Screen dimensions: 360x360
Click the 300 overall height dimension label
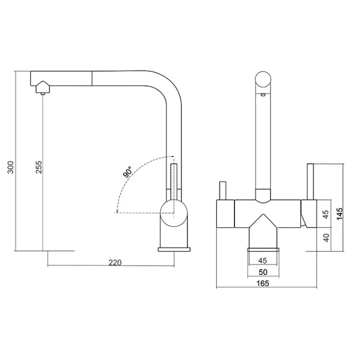11,167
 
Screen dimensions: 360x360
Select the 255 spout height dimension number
39,167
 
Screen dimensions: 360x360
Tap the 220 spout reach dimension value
115,262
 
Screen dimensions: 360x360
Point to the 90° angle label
127,172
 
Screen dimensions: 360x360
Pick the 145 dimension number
339,214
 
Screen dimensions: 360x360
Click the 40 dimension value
326,237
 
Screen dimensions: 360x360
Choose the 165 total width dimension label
262,283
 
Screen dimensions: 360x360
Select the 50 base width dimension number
263,272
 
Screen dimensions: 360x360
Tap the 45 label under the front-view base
262,260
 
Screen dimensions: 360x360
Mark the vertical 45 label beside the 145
325,214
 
